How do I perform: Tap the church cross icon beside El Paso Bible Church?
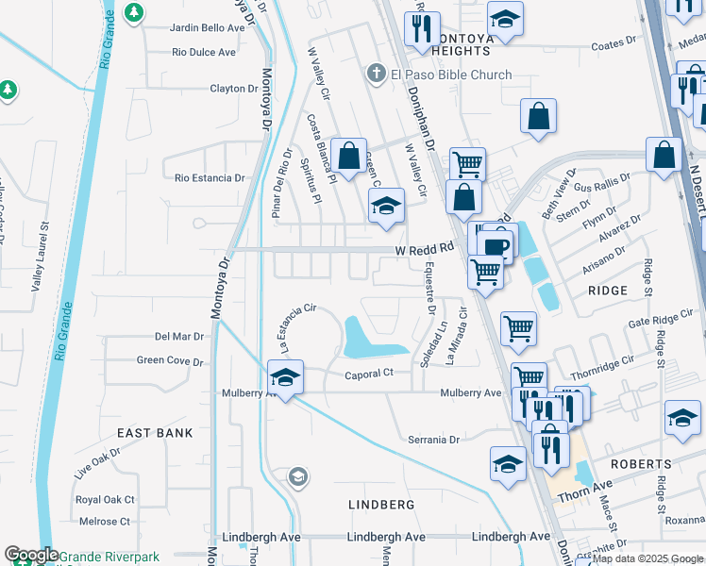(376, 74)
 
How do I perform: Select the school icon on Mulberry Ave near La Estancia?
(284, 378)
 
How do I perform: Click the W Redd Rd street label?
(425, 248)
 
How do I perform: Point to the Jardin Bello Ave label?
(207, 27)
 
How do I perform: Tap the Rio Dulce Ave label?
(204, 52)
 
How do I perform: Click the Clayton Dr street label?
(234, 89)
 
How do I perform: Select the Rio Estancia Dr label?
(210, 176)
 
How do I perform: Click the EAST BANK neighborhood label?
(155, 433)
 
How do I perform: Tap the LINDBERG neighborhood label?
(382, 505)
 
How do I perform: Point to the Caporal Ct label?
(368, 374)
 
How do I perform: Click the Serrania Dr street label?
(433, 440)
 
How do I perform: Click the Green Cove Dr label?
(170, 360)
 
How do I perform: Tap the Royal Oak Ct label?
(106, 499)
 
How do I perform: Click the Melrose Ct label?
(104, 521)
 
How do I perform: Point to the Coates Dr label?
(614, 44)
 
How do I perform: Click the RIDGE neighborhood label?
(607, 291)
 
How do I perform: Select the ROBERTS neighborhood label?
(640, 464)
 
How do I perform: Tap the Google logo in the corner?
(32, 555)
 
